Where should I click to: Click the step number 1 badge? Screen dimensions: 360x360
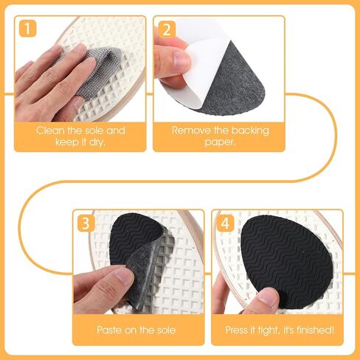click(x=27, y=29)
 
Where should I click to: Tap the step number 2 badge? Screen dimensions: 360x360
click(x=167, y=30)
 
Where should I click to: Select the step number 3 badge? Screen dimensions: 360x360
click(x=86, y=224)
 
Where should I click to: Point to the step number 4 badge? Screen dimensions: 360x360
click(x=225, y=224)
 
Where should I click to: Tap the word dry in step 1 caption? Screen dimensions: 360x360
click(x=97, y=142)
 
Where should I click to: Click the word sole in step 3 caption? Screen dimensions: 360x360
click(x=165, y=330)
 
